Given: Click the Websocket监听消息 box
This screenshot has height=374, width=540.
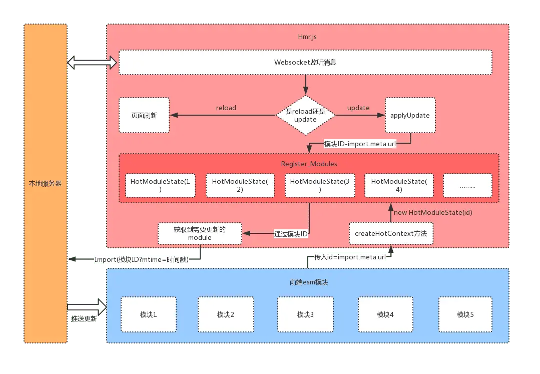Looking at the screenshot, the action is (305, 62).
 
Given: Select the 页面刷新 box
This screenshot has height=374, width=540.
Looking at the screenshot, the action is (144, 115).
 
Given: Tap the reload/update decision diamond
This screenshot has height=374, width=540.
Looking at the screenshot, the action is (305, 115).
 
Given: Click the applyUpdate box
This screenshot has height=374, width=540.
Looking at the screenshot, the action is (410, 115).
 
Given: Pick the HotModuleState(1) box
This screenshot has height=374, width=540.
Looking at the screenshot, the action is (160, 185).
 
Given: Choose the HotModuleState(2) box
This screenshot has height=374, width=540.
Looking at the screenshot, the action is (240, 185).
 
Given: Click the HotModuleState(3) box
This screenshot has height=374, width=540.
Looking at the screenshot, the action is (320, 185).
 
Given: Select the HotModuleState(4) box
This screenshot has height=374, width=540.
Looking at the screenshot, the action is (399, 185).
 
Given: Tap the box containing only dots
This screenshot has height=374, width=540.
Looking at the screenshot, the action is (467, 185).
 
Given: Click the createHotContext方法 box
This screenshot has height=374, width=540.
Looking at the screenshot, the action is (391, 233).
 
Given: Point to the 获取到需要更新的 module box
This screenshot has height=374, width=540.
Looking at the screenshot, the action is (200, 233).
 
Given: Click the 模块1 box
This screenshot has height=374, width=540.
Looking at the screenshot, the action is (149, 314).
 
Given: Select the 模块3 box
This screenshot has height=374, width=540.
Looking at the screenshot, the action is (305, 314).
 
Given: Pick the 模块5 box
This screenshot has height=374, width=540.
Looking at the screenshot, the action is (465, 314).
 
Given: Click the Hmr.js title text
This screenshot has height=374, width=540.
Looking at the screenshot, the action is (307, 37).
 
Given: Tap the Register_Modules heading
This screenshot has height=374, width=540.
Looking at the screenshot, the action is (309, 164).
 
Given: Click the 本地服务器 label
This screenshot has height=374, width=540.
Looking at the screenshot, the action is (45, 184).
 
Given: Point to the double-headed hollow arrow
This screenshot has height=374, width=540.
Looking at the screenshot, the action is (92, 63).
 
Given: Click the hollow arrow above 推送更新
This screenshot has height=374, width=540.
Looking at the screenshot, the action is (87, 307).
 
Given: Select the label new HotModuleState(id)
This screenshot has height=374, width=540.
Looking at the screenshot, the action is (433, 212).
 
